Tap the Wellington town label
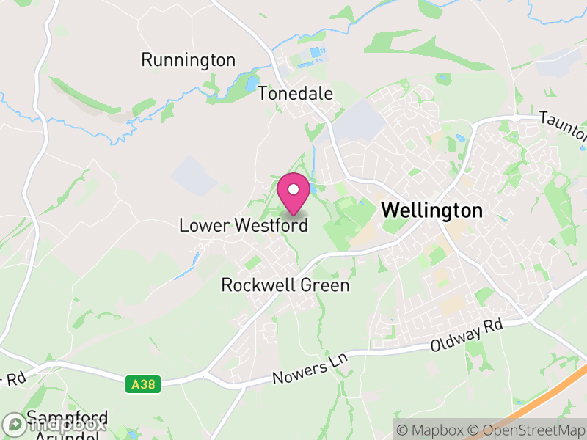(x=432, y=210)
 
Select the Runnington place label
(x=189, y=60)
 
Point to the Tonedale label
(x=295, y=94)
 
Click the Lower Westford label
(x=243, y=226)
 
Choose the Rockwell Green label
(x=285, y=285)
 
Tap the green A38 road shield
(x=142, y=384)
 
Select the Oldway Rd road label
(x=467, y=337)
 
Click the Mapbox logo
(x=55, y=425)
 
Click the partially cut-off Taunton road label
(x=564, y=126)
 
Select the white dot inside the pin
(x=293, y=190)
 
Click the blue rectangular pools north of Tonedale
(x=315, y=53)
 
